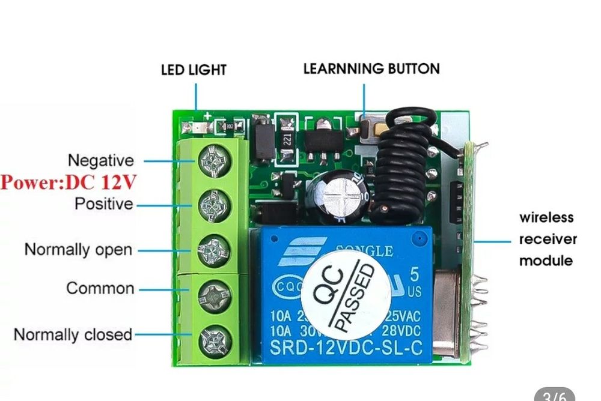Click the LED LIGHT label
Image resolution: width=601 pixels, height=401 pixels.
[x=194, y=70]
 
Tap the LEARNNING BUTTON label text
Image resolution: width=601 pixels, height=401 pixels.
[x=371, y=68]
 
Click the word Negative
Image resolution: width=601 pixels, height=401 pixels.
[x=100, y=160]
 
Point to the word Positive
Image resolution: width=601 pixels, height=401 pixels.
[x=103, y=204]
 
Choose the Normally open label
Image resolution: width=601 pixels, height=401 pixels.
[x=78, y=249]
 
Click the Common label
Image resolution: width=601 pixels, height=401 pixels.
[x=100, y=288]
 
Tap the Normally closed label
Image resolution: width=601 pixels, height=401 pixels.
[x=73, y=334]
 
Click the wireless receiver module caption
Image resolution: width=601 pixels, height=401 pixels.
[x=546, y=239]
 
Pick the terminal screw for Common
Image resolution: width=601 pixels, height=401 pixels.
[x=215, y=294]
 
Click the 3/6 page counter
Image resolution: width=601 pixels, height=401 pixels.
[x=554, y=395]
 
